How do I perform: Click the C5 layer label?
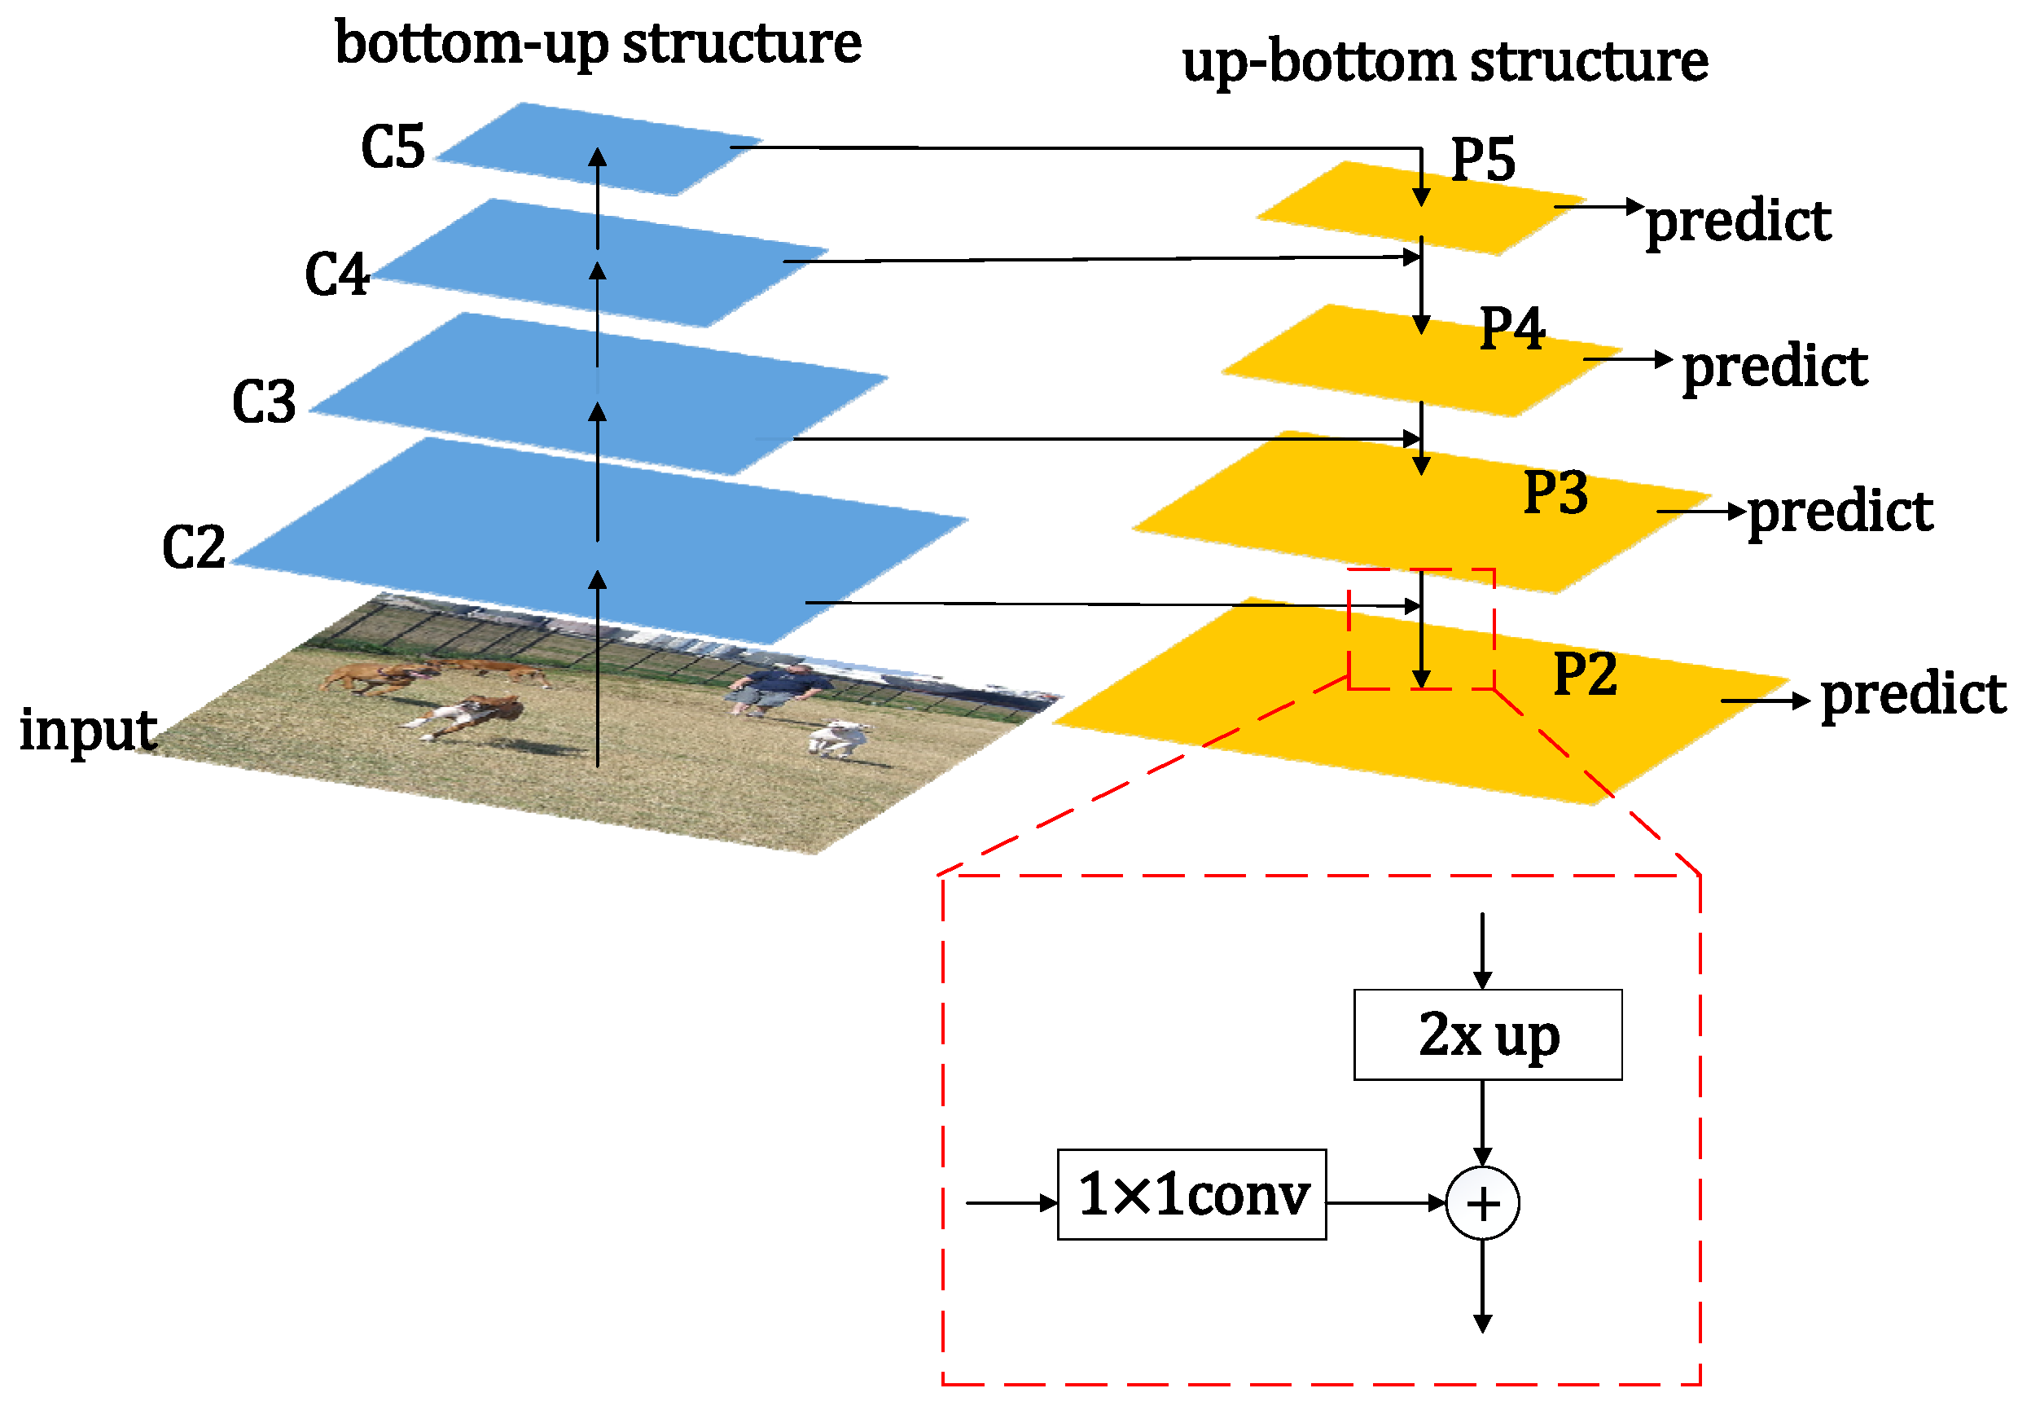pyautogui.click(x=393, y=147)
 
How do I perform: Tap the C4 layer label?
pyautogui.click(x=336, y=275)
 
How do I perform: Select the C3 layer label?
pyautogui.click(x=264, y=402)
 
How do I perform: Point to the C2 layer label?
pyautogui.click(x=193, y=547)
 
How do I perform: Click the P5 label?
pyautogui.click(x=1483, y=159)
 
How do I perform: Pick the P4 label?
pyautogui.click(x=1511, y=329)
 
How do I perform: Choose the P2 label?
pyautogui.click(x=1585, y=674)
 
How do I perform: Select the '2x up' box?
pyautogui.click(x=1487, y=1035)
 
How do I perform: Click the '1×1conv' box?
pyautogui.click(x=1191, y=1194)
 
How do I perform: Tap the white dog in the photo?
pyautogui.click(x=840, y=736)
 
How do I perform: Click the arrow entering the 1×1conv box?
pyautogui.click(x=1011, y=1202)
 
